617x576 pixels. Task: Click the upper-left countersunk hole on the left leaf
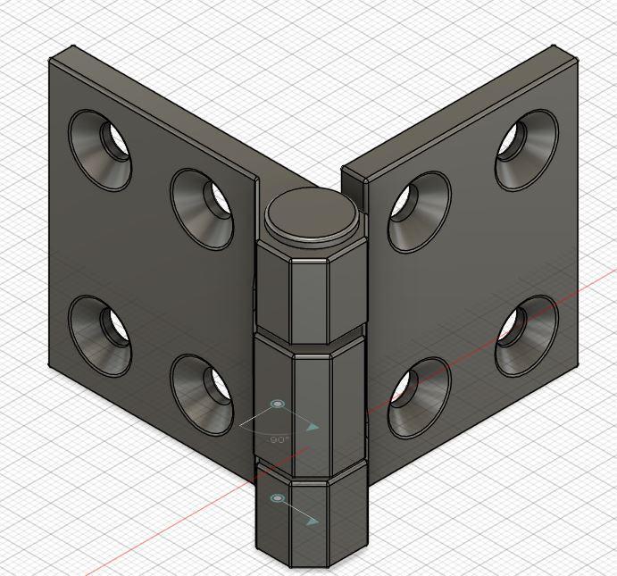click(x=100, y=150)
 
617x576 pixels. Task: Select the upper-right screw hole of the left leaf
click(x=203, y=208)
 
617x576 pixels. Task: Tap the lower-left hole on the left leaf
click(x=100, y=334)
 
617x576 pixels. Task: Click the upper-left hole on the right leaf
click(x=419, y=211)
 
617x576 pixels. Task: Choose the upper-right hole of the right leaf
click(x=526, y=150)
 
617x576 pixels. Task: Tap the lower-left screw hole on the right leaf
click(x=419, y=397)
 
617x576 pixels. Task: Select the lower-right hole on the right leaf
click(x=526, y=335)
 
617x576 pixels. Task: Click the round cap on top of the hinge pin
click(x=313, y=215)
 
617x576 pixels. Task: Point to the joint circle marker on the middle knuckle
click(x=276, y=405)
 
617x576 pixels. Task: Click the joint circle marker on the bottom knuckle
click(x=276, y=497)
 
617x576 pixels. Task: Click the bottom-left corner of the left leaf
click(x=50, y=363)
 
